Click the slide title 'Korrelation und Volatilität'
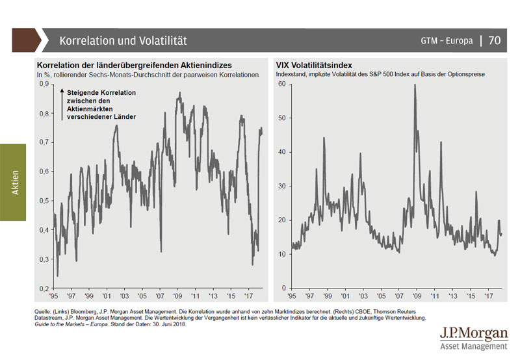[x=123, y=40]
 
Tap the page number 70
[x=494, y=40]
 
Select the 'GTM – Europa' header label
[x=447, y=41]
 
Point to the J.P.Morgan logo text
[x=473, y=334]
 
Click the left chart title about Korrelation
[x=135, y=66]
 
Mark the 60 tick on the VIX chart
[x=281, y=84]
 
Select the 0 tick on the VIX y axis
[x=283, y=288]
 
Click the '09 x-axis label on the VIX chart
[x=414, y=296]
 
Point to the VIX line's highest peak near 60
[x=415, y=85]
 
